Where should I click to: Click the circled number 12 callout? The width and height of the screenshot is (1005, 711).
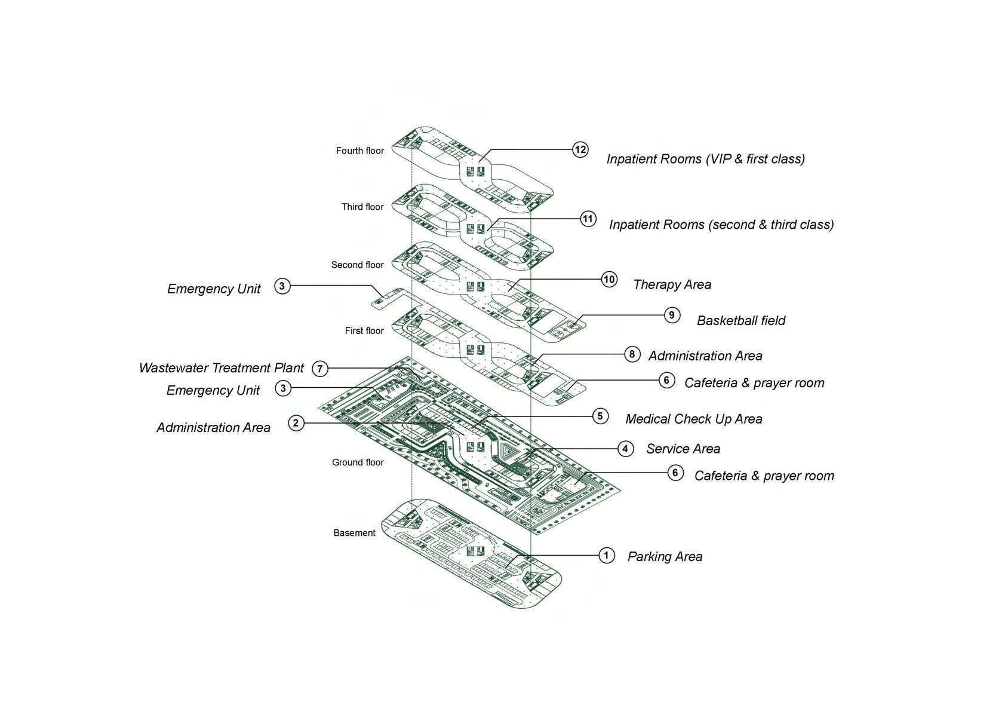tap(580, 149)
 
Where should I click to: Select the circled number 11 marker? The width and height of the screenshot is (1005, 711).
tap(588, 219)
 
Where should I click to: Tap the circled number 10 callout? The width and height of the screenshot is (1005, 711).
tap(608, 280)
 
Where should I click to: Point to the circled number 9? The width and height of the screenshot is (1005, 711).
tap(672, 315)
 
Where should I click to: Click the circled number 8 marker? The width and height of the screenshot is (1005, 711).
tap(632, 354)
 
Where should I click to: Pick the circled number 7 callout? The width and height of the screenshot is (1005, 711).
tap(320, 369)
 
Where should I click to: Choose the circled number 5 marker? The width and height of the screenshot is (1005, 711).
tap(600, 416)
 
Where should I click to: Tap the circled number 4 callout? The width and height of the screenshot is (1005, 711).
tap(625, 449)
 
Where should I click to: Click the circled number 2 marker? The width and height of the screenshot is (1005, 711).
tap(296, 424)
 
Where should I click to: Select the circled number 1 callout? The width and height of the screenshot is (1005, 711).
tap(606, 556)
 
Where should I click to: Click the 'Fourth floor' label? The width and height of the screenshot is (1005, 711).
tap(359, 151)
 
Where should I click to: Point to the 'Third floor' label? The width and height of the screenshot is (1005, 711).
tap(362, 207)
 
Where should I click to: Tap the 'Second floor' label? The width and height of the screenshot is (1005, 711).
tap(357, 265)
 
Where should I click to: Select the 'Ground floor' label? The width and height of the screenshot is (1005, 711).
tap(358, 462)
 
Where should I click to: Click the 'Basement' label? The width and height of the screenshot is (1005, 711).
tap(354, 533)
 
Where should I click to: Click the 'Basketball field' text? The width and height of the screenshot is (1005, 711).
tap(741, 321)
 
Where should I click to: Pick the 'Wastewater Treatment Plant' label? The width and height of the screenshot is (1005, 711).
tap(222, 368)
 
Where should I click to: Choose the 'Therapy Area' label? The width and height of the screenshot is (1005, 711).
tap(672, 284)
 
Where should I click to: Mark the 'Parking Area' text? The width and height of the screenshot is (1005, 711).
tap(665, 557)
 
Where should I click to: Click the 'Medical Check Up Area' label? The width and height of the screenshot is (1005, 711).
tap(693, 419)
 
